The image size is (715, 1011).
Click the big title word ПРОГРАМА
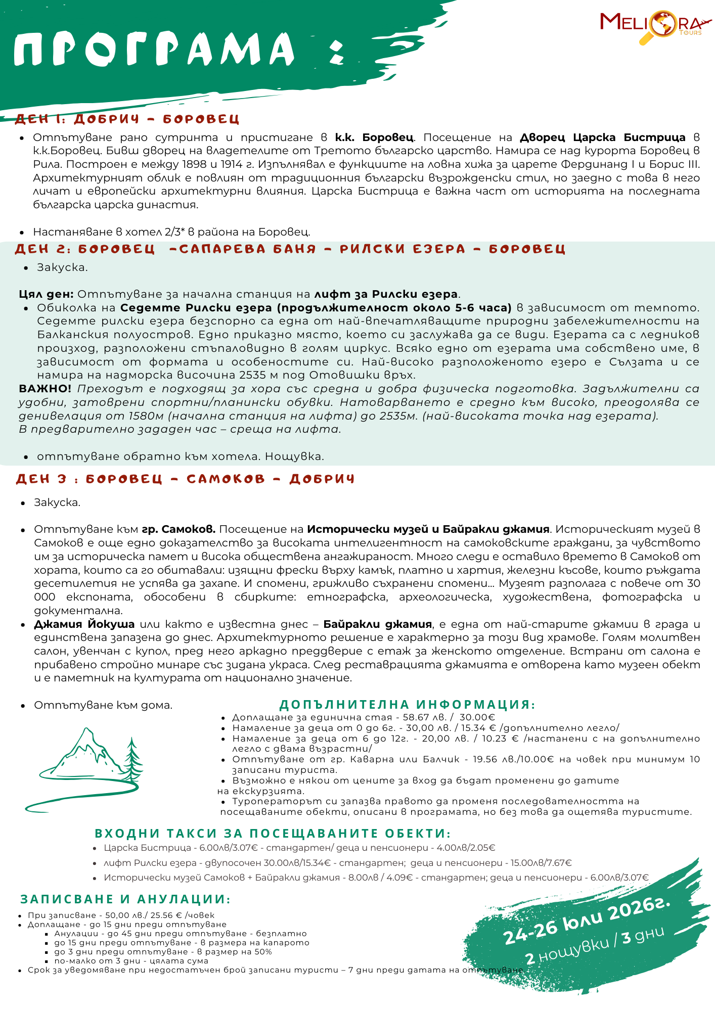pos(154,49)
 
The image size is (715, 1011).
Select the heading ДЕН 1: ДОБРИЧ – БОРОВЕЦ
pos(127,119)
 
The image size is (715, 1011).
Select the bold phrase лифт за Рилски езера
pos(386,294)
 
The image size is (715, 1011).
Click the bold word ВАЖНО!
pos(45,389)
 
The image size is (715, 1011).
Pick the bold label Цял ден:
pos(46,294)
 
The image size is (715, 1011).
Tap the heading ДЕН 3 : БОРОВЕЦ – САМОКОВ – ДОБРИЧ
pos(185,479)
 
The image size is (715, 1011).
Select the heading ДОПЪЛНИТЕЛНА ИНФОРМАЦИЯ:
pos(407,705)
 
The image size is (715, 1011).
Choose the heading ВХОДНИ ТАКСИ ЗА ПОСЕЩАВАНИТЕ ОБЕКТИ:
pos(273,834)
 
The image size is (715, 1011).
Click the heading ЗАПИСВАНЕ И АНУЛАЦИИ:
pos(125,899)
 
